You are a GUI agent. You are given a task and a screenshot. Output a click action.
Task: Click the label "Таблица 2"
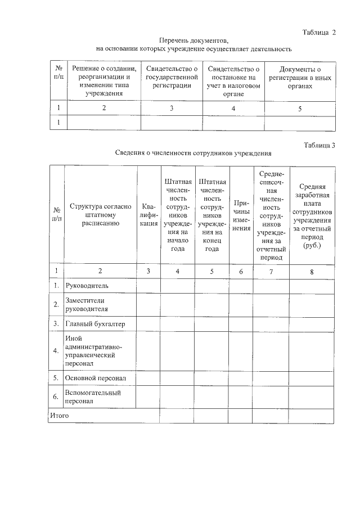click(318, 32)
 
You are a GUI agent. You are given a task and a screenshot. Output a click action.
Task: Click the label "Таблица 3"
click(319, 145)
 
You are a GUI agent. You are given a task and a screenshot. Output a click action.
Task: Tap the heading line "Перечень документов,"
click(194, 41)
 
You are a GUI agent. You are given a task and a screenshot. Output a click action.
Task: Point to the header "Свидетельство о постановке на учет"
click(233, 81)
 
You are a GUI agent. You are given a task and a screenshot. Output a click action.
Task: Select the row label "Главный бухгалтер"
click(95, 324)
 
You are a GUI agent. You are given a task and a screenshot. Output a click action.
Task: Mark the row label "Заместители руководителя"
click(87, 304)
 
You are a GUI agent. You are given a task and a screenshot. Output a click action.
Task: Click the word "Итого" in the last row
click(60, 416)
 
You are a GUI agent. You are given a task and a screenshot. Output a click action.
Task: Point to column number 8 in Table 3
click(312, 271)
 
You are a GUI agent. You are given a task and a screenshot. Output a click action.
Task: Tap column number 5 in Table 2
click(299, 109)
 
